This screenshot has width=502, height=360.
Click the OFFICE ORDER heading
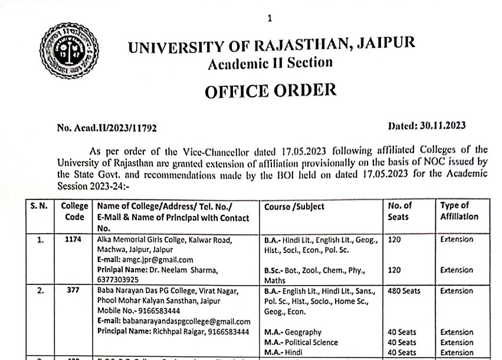point(270,90)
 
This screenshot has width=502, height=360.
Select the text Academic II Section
point(270,63)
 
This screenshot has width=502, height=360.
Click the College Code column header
point(75,211)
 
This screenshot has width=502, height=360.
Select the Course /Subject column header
point(294,207)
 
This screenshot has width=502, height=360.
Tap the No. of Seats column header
point(400,211)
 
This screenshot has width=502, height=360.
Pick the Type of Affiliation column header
point(459,211)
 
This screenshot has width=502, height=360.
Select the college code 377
point(75,291)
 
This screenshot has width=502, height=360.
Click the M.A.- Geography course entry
point(293,332)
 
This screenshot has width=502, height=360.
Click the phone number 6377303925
point(120,280)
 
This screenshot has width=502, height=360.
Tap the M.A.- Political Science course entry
point(301,342)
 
